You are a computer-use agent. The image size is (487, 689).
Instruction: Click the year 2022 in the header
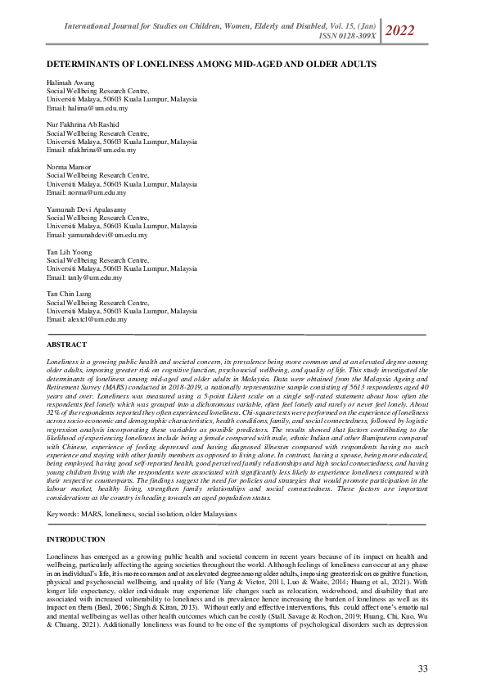(x=399, y=31)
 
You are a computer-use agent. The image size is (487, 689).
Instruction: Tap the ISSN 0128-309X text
(x=348, y=36)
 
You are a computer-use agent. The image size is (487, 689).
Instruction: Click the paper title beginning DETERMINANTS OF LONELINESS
(x=211, y=63)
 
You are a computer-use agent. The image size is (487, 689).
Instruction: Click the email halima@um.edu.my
(x=87, y=108)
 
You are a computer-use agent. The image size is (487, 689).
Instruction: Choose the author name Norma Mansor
(x=69, y=166)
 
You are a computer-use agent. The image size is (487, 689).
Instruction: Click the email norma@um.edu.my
(x=86, y=192)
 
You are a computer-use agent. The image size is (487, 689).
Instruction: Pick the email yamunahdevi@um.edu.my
(x=97, y=235)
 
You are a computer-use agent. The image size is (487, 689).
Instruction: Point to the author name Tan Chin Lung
(x=70, y=294)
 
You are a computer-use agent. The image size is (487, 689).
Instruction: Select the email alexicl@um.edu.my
(x=87, y=319)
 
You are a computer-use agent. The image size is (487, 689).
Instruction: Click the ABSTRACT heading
(x=66, y=344)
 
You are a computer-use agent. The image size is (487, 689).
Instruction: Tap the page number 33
(x=422, y=669)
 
